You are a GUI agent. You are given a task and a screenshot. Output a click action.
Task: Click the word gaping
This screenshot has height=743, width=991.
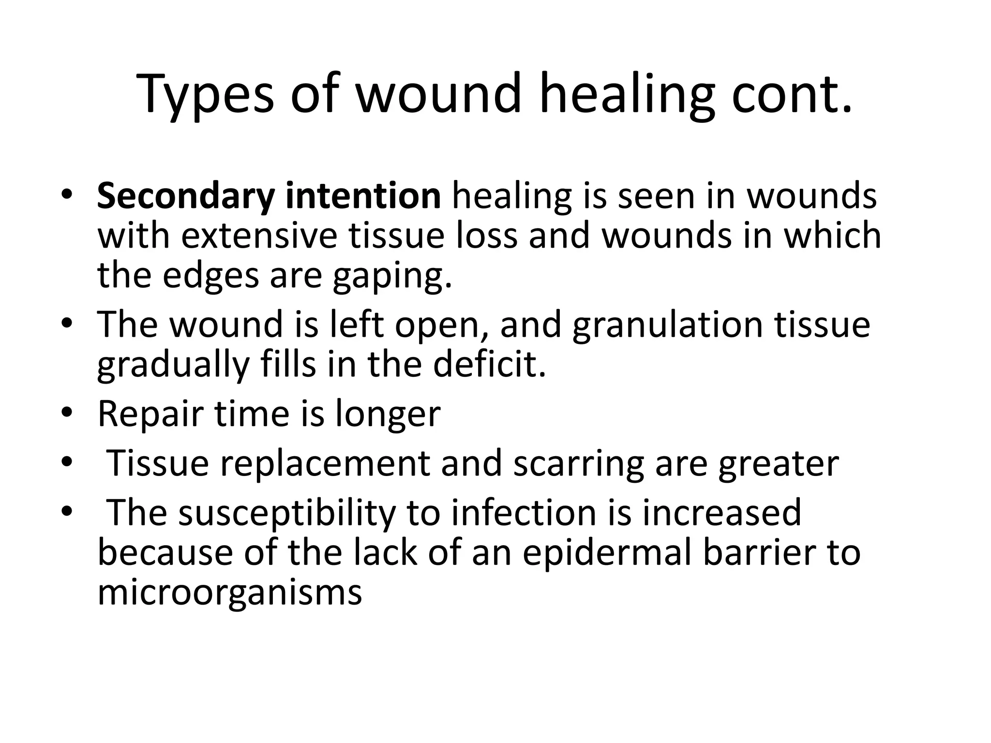point(392,276)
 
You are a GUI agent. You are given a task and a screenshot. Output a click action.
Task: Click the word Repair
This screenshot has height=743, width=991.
point(150,415)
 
